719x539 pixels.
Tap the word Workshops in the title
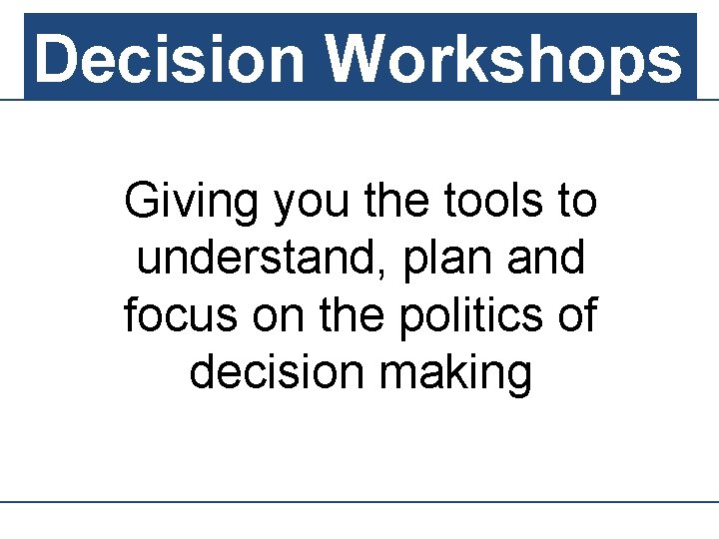point(504,58)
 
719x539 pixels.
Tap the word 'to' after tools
point(576,201)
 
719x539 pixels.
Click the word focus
point(181,315)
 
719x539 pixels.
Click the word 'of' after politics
point(576,315)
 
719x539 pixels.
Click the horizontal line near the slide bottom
point(359,502)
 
